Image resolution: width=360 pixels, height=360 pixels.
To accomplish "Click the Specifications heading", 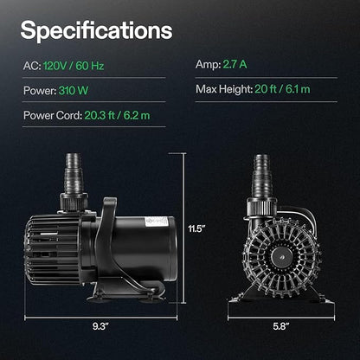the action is click(96, 31).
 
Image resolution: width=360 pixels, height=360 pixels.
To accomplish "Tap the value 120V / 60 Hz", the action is click(74, 66).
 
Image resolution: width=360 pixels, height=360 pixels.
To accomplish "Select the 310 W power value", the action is click(74, 91).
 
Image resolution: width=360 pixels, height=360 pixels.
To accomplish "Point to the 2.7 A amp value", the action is click(235, 64).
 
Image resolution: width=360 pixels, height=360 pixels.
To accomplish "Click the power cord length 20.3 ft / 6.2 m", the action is click(117, 116).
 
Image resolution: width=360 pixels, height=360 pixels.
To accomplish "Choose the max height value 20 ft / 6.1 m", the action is click(282, 89).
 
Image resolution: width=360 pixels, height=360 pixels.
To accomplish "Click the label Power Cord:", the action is click(53, 116).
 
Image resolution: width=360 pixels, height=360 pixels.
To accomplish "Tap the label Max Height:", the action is click(224, 89).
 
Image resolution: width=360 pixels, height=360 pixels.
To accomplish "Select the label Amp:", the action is click(208, 64).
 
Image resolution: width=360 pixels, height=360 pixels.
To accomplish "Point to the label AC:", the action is click(32, 66).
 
